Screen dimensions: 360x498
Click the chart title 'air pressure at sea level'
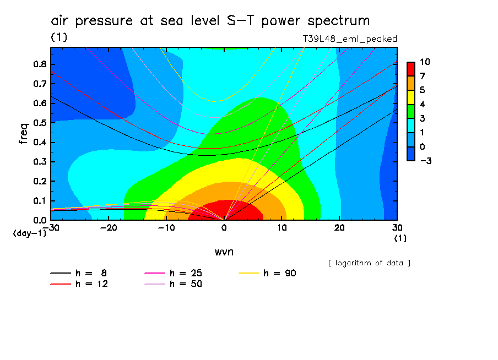tap(210, 21)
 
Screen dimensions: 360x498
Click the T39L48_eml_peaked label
tap(350, 39)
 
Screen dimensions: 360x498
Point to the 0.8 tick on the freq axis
tap(39, 64)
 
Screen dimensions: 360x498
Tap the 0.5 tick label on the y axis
tap(39, 123)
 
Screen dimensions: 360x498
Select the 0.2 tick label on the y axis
tap(39, 181)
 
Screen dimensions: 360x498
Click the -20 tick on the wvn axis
tap(109, 228)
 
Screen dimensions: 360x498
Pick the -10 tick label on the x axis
tap(166, 228)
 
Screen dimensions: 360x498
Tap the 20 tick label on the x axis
tap(339, 228)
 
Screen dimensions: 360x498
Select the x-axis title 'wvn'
tap(223, 252)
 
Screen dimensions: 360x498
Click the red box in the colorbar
tap(411, 68)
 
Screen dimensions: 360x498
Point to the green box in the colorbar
tap(411, 112)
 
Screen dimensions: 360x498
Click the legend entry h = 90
tap(267, 273)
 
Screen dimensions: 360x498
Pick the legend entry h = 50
tap(173, 284)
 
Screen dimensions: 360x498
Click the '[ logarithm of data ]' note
tap(369, 263)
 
